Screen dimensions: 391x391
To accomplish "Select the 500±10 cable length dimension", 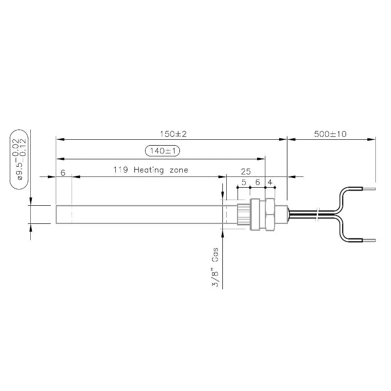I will click(x=330, y=134).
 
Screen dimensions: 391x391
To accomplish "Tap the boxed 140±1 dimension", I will click(x=163, y=151).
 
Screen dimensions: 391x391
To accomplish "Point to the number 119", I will click(x=121, y=170).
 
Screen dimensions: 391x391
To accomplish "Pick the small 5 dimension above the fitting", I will click(x=243, y=181).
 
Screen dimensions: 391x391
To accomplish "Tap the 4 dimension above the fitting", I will click(x=269, y=181).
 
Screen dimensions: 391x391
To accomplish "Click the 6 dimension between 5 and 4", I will click(x=257, y=181).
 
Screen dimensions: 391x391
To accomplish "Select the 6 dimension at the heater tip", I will click(x=63, y=173).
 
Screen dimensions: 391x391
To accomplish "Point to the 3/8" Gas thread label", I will click(x=215, y=269).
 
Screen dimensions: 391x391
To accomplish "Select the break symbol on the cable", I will click(x=318, y=214).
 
